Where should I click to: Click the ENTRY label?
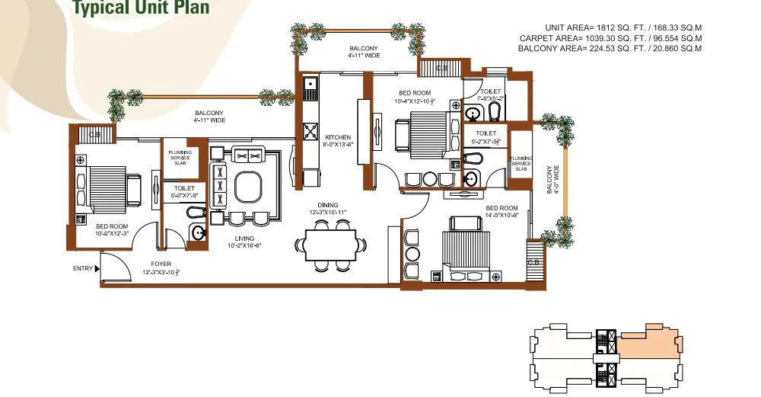(x=83, y=268)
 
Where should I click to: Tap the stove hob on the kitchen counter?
(x=310, y=132)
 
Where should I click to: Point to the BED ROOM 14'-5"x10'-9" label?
(x=501, y=212)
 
